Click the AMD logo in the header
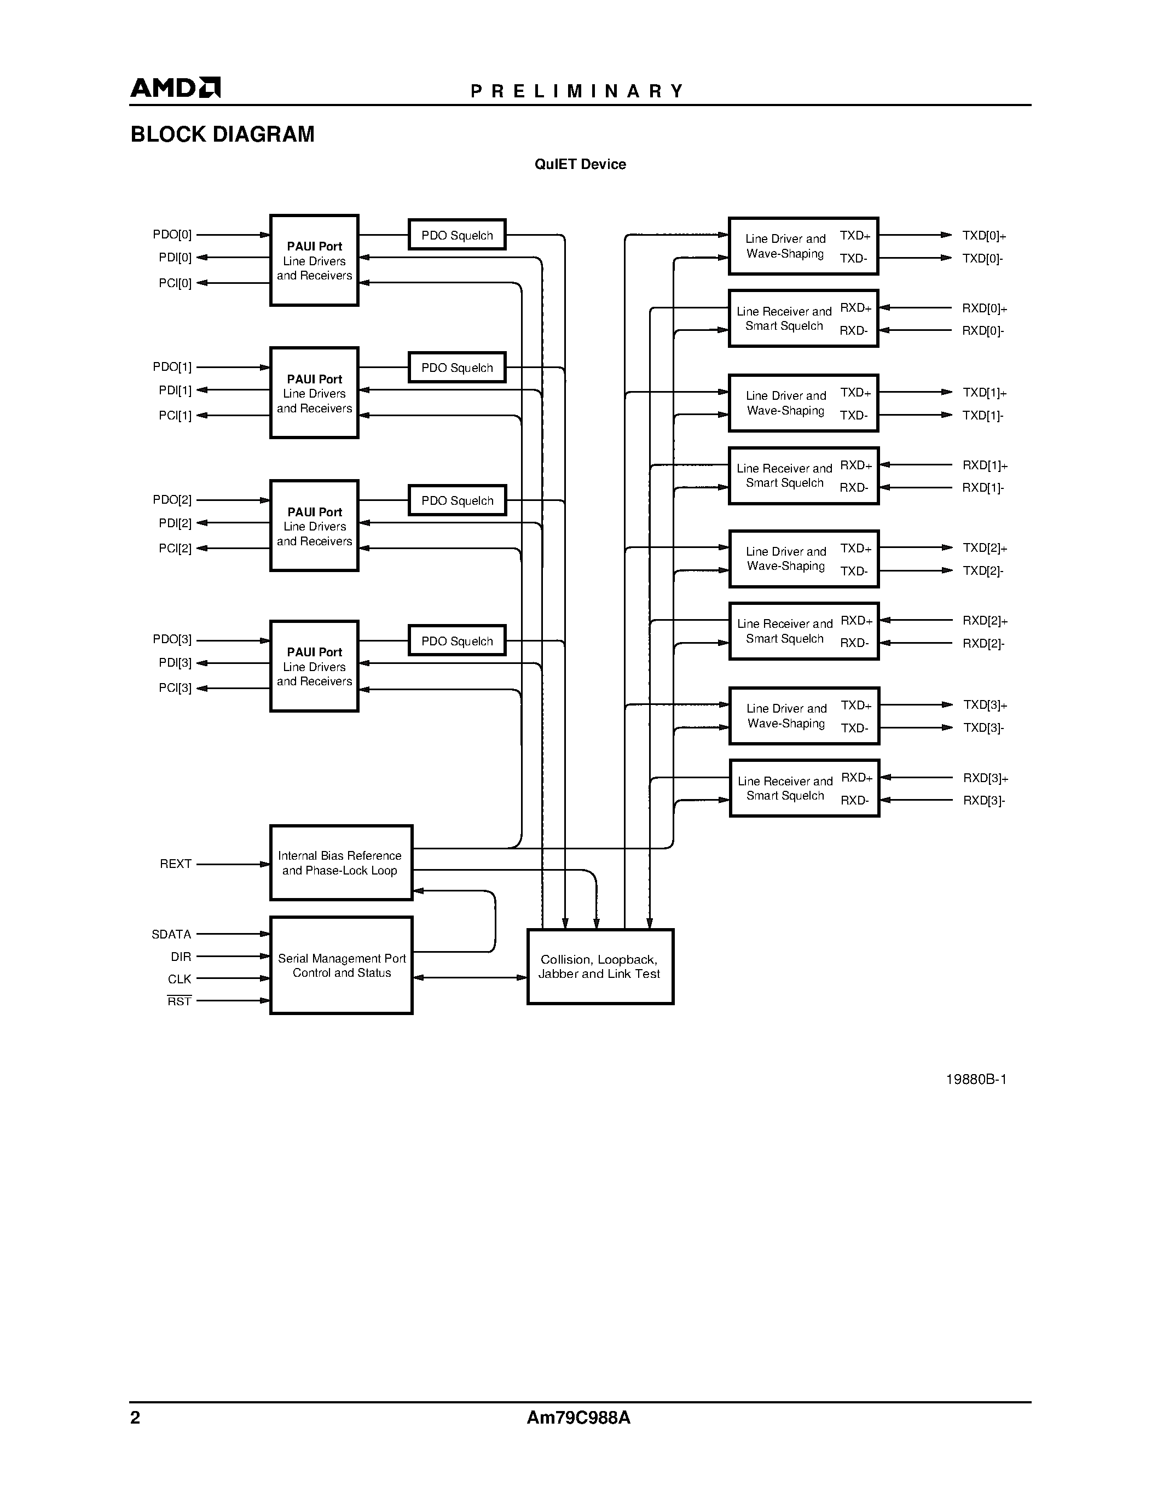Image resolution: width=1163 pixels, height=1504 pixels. coord(175,88)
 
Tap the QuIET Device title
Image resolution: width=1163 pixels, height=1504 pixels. coord(580,165)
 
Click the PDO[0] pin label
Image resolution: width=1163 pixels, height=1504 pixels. coord(172,235)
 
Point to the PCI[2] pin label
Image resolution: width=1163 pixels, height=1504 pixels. coord(175,549)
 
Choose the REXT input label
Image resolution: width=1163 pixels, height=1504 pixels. coord(176,864)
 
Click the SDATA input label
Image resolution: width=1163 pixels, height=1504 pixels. coord(171,935)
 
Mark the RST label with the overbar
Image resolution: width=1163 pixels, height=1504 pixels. coord(179,1001)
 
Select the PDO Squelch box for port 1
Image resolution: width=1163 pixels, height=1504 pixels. coord(457,368)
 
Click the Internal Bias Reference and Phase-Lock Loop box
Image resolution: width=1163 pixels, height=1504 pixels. coord(341,863)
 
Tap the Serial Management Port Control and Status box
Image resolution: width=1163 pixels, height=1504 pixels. coord(341,965)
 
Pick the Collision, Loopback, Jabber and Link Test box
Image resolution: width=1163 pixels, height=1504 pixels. coord(600,967)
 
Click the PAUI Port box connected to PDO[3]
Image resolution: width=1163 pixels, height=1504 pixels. coord(314,667)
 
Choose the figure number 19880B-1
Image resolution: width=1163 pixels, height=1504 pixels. coord(976,1080)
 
